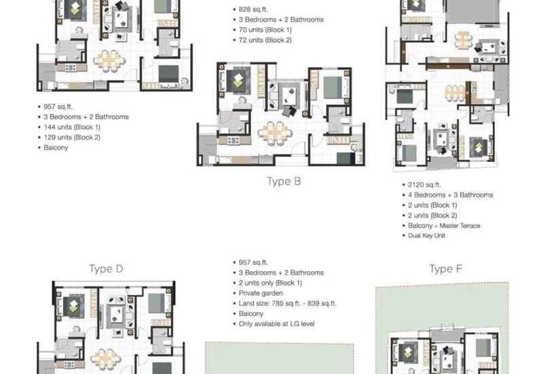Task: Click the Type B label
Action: click(x=284, y=181)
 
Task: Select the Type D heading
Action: click(x=106, y=268)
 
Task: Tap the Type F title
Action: click(x=445, y=269)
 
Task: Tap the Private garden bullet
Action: click(x=261, y=293)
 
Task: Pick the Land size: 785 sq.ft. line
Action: click(x=287, y=304)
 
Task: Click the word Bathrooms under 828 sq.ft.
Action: click(x=303, y=20)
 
